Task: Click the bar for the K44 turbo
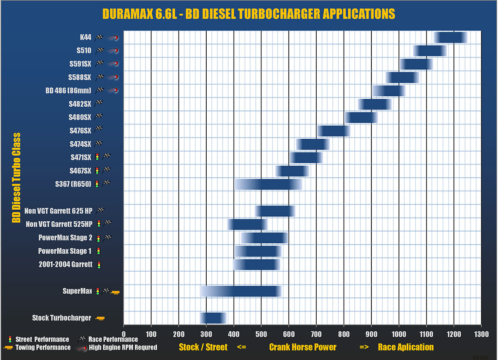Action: (x=450, y=37)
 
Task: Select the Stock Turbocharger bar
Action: (x=213, y=318)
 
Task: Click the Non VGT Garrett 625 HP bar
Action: (x=275, y=211)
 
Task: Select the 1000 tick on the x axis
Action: (x=399, y=333)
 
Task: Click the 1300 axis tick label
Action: (x=481, y=333)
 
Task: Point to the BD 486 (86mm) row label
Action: (x=68, y=91)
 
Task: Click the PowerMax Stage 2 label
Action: (x=65, y=238)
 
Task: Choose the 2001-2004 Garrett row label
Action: (x=66, y=264)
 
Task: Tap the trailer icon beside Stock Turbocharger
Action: (x=100, y=318)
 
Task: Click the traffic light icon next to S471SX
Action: (x=97, y=157)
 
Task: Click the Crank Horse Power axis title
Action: (x=303, y=347)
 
